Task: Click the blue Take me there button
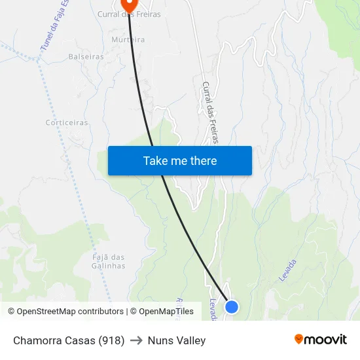(180, 160)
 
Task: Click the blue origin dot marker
(231, 306)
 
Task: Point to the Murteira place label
(128, 39)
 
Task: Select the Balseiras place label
(86, 57)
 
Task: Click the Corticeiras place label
(67, 122)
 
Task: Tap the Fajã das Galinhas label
(109, 261)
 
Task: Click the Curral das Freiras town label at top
(128, 14)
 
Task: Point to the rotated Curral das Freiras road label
(210, 112)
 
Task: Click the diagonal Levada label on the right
(288, 270)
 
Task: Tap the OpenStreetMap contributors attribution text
(65, 312)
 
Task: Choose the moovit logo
(320, 340)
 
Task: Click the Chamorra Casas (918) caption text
(69, 340)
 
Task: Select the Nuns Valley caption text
(177, 340)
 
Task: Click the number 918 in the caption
(111, 340)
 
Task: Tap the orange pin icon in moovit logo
(299, 339)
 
